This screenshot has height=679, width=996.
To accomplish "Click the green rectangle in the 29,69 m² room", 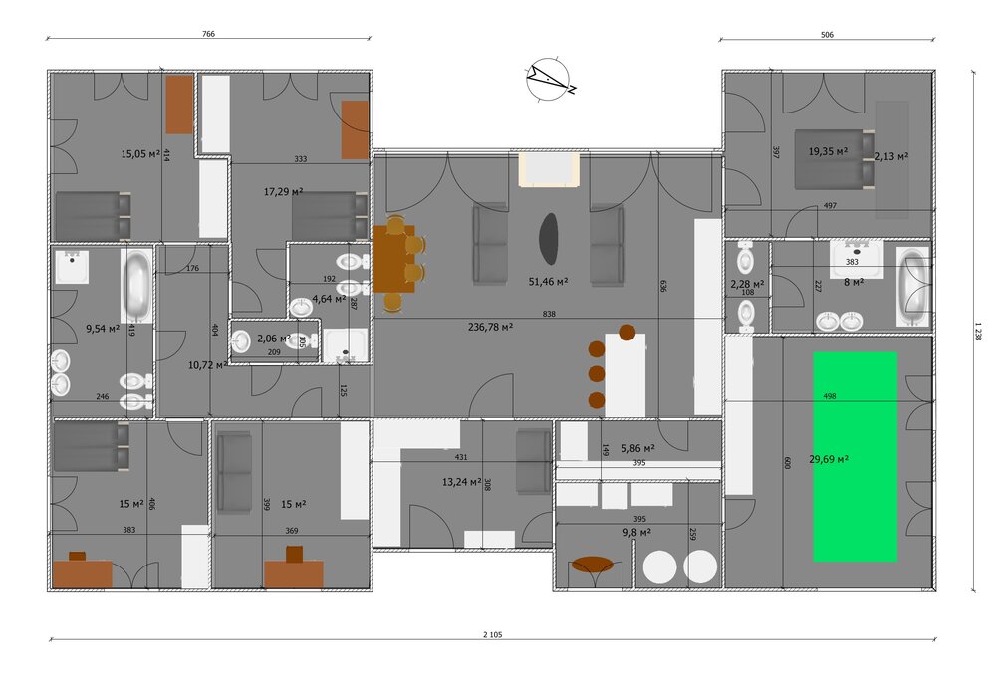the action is (855, 457).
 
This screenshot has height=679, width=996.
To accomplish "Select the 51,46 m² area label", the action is (548, 282).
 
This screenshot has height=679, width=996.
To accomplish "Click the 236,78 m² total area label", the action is (490, 328).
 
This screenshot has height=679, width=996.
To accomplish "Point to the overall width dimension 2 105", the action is (493, 634).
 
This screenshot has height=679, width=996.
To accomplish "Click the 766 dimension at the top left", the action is (208, 34).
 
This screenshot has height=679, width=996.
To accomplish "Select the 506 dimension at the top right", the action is (827, 35).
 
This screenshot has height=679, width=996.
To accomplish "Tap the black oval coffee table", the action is (549, 239).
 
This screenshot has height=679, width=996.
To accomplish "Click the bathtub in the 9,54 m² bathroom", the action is (137, 286).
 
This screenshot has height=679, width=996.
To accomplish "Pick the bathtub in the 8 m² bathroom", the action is (913, 288).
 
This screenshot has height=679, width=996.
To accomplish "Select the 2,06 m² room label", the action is (274, 339).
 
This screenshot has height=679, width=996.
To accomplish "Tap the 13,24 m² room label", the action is (462, 482).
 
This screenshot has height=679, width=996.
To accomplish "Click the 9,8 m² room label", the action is (637, 533).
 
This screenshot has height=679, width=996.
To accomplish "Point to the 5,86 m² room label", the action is (638, 448).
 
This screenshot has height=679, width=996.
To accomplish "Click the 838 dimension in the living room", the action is (549, 314).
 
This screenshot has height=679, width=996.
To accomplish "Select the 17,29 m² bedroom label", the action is (283, 191).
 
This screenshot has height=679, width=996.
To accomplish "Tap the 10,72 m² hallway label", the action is (208, 365).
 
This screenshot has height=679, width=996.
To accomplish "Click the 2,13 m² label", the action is (891, 156).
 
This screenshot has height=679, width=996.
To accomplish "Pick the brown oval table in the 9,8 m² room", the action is (592, 565).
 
